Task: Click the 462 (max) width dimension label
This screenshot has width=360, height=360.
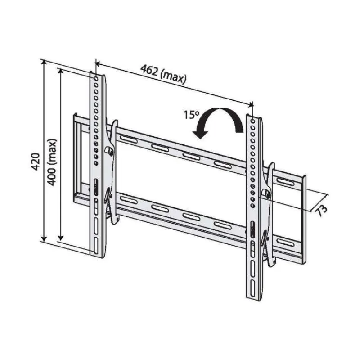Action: [163, 75]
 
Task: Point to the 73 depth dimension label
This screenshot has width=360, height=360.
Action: [321, 210]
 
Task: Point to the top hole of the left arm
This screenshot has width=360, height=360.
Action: [95, 78]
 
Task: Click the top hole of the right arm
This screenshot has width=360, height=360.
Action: [252, 121]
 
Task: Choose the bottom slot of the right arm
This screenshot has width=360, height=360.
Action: [252, 288]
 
